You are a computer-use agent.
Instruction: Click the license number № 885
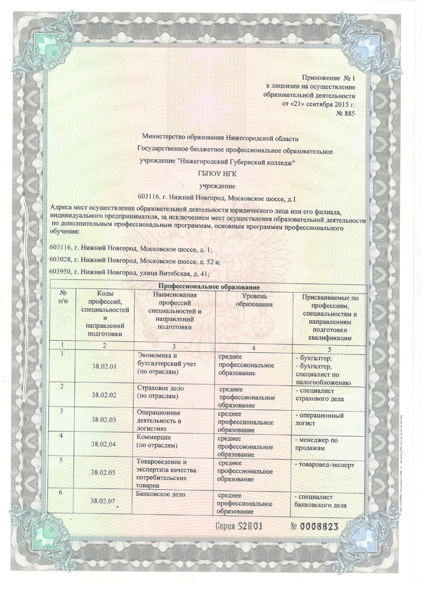345,113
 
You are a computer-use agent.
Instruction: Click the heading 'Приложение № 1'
328,78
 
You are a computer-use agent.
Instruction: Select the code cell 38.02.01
104,366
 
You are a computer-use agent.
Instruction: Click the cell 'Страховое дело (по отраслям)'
160,392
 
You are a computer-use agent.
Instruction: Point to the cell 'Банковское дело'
160,494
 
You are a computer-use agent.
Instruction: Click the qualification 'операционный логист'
319,419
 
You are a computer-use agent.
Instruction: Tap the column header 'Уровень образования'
254,300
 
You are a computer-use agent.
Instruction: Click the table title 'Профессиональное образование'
209,287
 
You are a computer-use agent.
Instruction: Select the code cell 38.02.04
104,444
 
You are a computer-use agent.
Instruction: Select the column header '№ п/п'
63,297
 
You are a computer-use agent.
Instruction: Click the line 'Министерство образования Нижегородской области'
220,137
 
